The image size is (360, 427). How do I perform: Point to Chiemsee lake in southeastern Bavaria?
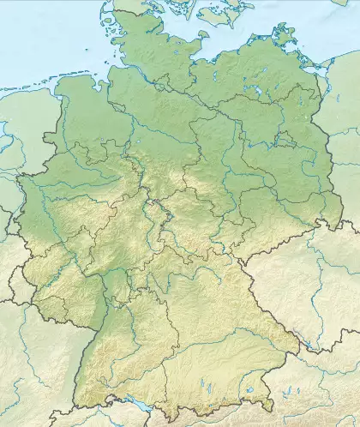pyautogui.click(x=249, y=390)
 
